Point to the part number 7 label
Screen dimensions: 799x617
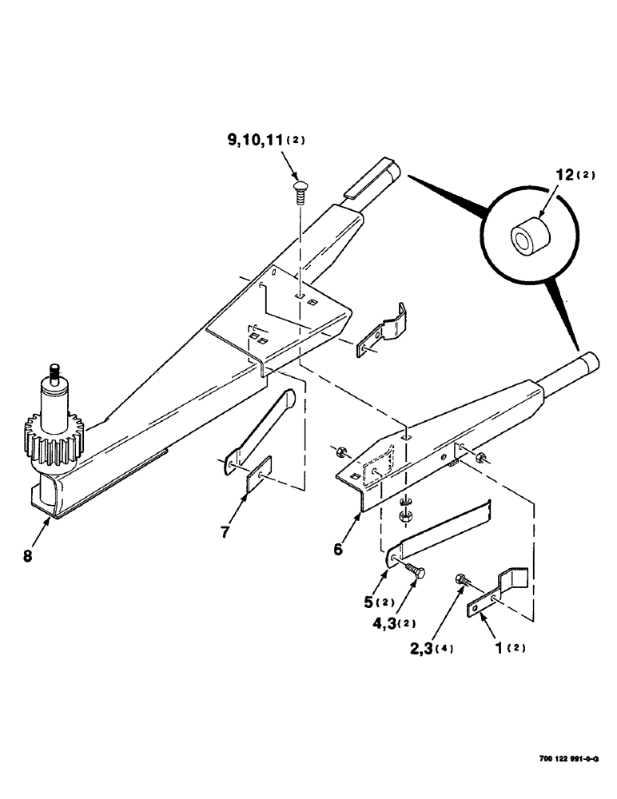[x=226, y=531]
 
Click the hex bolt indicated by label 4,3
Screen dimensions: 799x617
[x=416, y=570]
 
